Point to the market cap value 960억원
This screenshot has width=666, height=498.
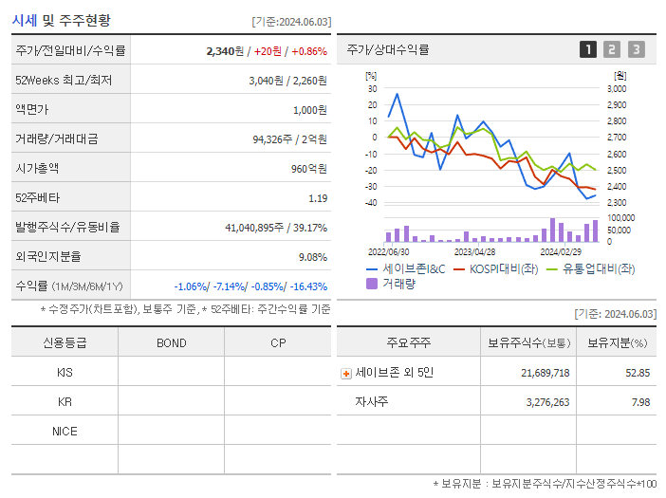pos(309,169)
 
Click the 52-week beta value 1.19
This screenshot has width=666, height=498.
pos(318,198)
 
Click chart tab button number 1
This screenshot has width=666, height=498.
pos(588,50)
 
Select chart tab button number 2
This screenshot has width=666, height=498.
pos(612,50)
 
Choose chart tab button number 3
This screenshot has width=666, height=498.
pos(636,50)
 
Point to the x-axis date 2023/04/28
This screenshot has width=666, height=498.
pos(474,252)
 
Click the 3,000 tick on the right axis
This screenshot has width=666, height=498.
pos(616,88)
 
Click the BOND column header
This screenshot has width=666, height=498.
pos(171,342)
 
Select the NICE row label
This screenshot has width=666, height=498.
pos(65,432)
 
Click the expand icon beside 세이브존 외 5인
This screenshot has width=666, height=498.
pos(346,374)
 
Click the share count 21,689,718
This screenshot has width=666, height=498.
pos(545,373)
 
